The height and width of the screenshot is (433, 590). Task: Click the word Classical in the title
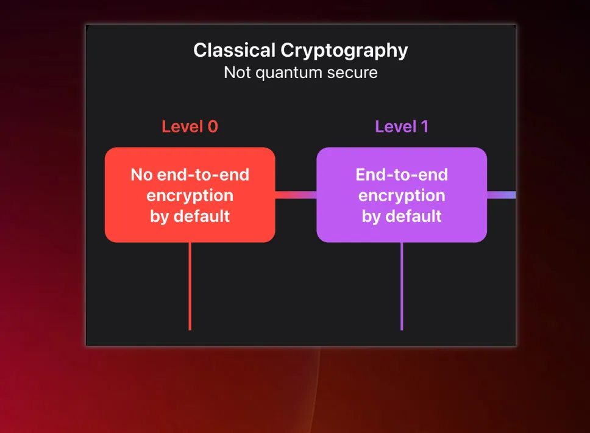pos(235,50)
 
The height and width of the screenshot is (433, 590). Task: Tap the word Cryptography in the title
pos(344,51)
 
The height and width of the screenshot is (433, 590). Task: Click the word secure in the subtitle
pos(352,73)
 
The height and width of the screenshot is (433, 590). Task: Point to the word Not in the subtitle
pos(237,73)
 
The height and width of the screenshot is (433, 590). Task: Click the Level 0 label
pos(190,126)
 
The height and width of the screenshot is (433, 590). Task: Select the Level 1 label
pos(402,126)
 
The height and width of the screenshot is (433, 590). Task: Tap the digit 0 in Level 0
pos(213,126)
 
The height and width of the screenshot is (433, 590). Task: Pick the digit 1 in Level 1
pos(425,126)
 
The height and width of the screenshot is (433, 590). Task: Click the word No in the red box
pos(141,174)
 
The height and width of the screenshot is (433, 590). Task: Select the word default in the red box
pos(202,216)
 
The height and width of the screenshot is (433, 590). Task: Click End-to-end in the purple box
pos(402,174)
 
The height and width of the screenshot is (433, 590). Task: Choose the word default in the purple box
pos(413,216)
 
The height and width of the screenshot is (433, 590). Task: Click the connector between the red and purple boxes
pos(296,195)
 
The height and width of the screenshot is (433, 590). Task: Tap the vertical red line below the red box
pos(190,286)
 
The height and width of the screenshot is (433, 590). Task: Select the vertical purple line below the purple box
pos(402,286)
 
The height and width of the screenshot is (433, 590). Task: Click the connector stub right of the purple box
pos(501,195)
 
